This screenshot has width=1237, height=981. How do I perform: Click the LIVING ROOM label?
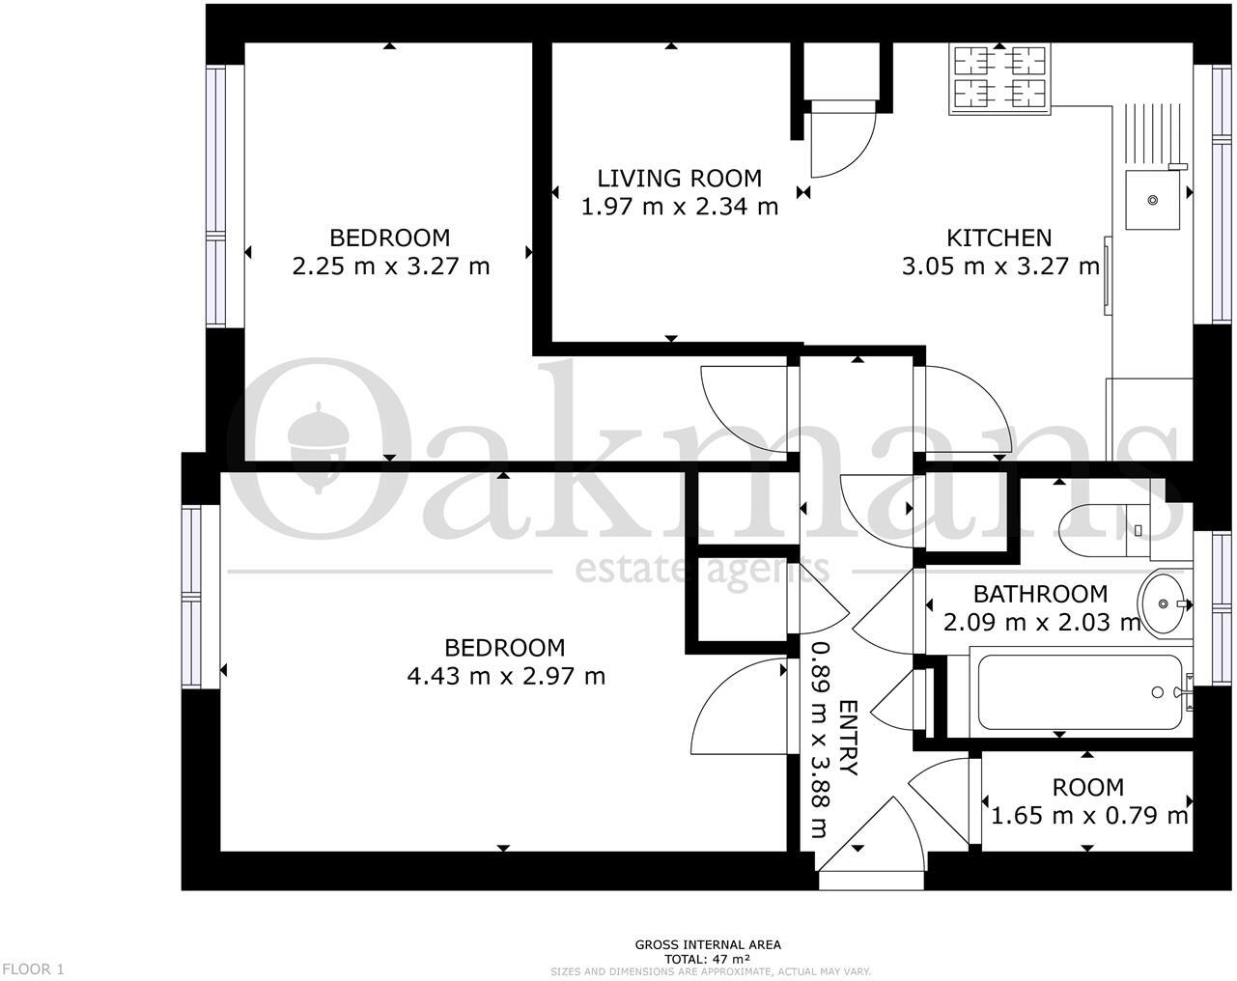point(679,179)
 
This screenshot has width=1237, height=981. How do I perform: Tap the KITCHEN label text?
point(998,238)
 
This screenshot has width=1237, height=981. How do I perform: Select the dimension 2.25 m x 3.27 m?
point(390,266)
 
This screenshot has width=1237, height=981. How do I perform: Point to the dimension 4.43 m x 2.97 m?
point(506,676)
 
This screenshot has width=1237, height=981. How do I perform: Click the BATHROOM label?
point(1039,594)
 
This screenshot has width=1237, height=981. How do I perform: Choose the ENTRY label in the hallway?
point(849,738)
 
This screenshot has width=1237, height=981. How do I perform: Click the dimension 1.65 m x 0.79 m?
point(1088,816)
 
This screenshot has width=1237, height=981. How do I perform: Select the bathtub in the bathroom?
point(1079,692)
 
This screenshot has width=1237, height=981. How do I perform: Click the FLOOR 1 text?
point(34,968)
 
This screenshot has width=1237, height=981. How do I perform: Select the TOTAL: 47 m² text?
point(708,959)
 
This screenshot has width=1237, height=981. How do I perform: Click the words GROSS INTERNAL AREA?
point(708,945)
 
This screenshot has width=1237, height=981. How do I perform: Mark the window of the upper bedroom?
point(215,196)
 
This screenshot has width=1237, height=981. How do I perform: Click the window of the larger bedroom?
point(193,597)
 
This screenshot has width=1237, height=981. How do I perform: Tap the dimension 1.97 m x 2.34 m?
point(679,207)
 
